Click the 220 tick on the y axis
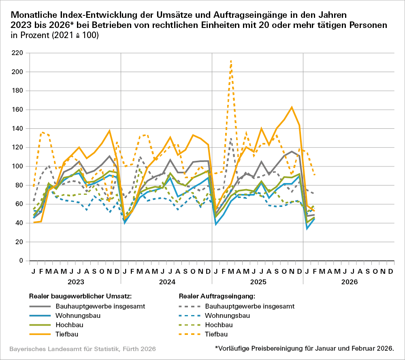(17, 53)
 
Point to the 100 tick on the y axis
(17, 166)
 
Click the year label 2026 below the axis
(349, 281)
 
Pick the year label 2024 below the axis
(166, 281)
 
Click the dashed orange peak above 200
(231, 60)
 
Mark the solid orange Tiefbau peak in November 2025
(292, 107)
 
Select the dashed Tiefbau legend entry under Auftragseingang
(216, 334)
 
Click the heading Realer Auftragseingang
(217, 296)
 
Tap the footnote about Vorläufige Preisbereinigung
(304, 348)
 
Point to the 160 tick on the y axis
(17, 110)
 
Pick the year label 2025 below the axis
(258, 281)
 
